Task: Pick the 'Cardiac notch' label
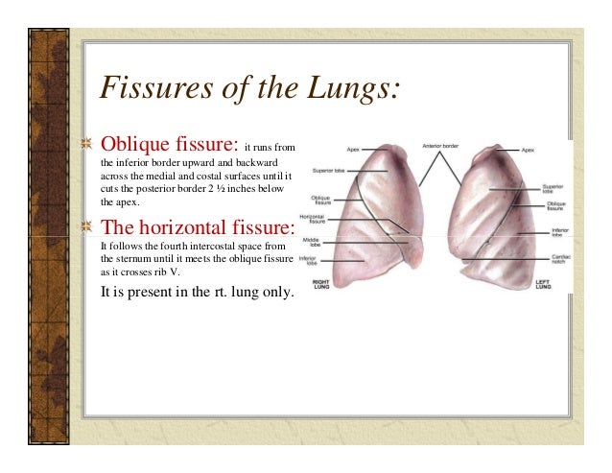click(561, 258)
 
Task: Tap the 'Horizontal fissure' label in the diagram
click(311, 220)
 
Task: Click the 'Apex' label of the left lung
click(529, 150)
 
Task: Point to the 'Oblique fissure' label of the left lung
click(556, 206)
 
